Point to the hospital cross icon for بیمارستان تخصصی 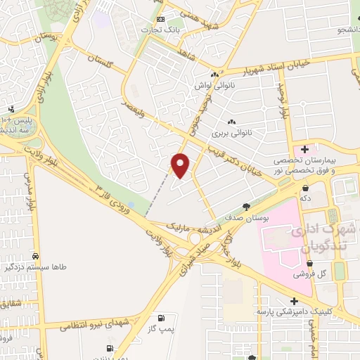pos(304,149)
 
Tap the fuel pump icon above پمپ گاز pos(162,318)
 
